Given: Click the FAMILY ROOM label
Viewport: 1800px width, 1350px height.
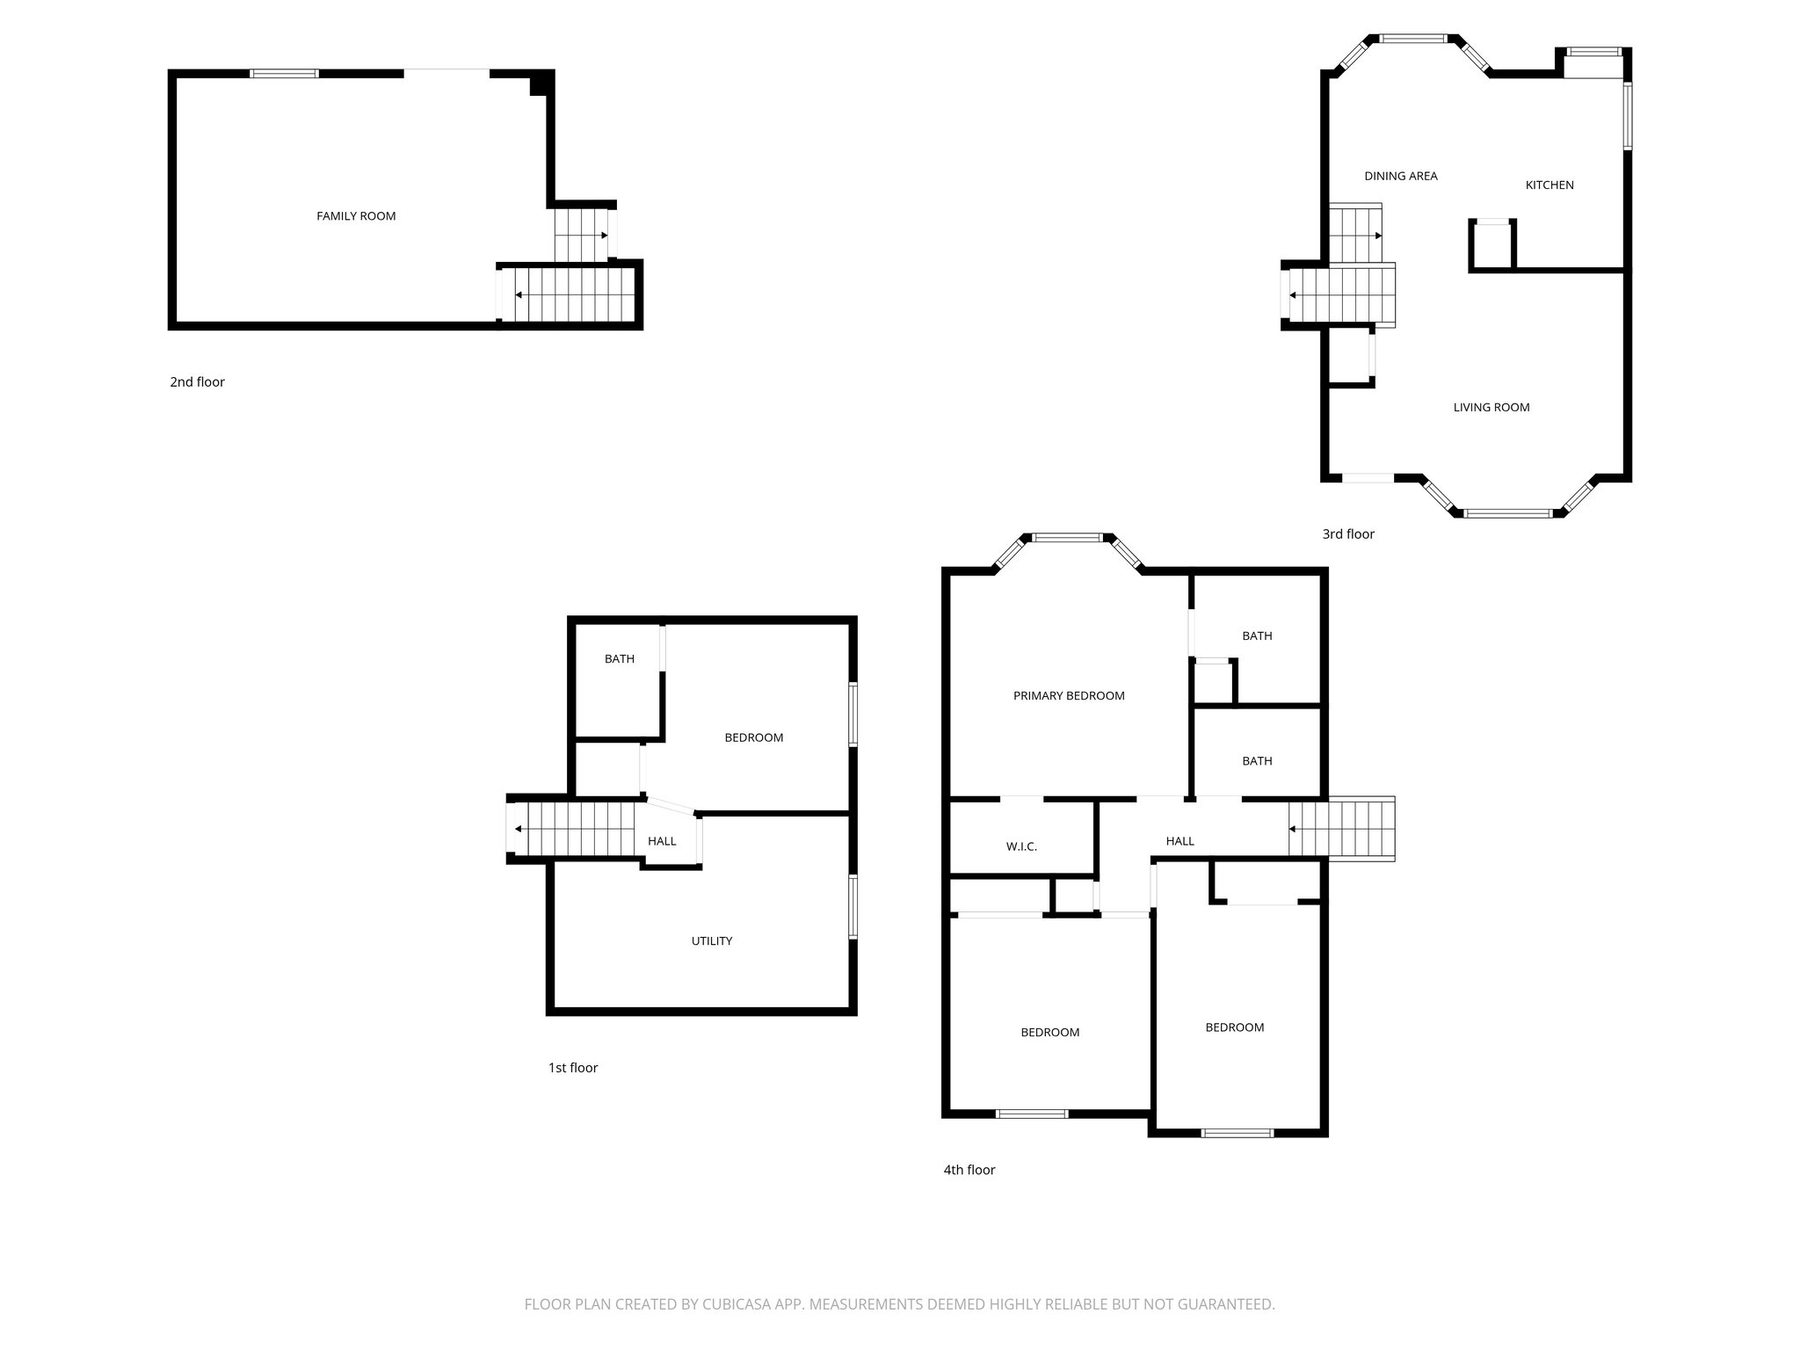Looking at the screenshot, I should [356, 216].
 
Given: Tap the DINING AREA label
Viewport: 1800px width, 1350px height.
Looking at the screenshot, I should [1400, 177].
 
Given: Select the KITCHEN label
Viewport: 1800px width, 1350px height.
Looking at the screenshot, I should [1549, 185].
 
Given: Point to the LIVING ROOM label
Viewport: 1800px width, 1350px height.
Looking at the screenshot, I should [1491, 408].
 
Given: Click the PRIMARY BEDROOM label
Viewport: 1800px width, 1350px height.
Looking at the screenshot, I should [1068, 696].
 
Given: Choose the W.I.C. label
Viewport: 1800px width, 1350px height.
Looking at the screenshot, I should [1021, 847].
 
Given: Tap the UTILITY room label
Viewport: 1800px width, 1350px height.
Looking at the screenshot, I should [711, 941].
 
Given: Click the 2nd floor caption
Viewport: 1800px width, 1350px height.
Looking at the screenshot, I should [197, 382].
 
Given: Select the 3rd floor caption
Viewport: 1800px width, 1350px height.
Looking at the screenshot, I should [1347, 534].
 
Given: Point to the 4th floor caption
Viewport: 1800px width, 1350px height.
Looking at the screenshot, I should [969, 1170].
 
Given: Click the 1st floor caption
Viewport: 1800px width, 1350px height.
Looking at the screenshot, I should [572, 1068].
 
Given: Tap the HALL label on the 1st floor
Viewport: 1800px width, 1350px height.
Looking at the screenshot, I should [662, 842].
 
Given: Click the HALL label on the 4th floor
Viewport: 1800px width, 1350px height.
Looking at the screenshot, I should [1179, 842].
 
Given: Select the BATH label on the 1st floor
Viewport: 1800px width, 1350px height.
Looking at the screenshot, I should [619, 659].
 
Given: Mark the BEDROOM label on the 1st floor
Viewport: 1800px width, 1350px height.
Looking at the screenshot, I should [753, 738].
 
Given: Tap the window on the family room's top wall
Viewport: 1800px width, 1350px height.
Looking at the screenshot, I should [284, 74].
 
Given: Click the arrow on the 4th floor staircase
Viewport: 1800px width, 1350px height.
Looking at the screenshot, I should [1294, 829].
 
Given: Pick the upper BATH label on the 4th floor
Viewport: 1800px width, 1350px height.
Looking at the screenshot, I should [1256, 636].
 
